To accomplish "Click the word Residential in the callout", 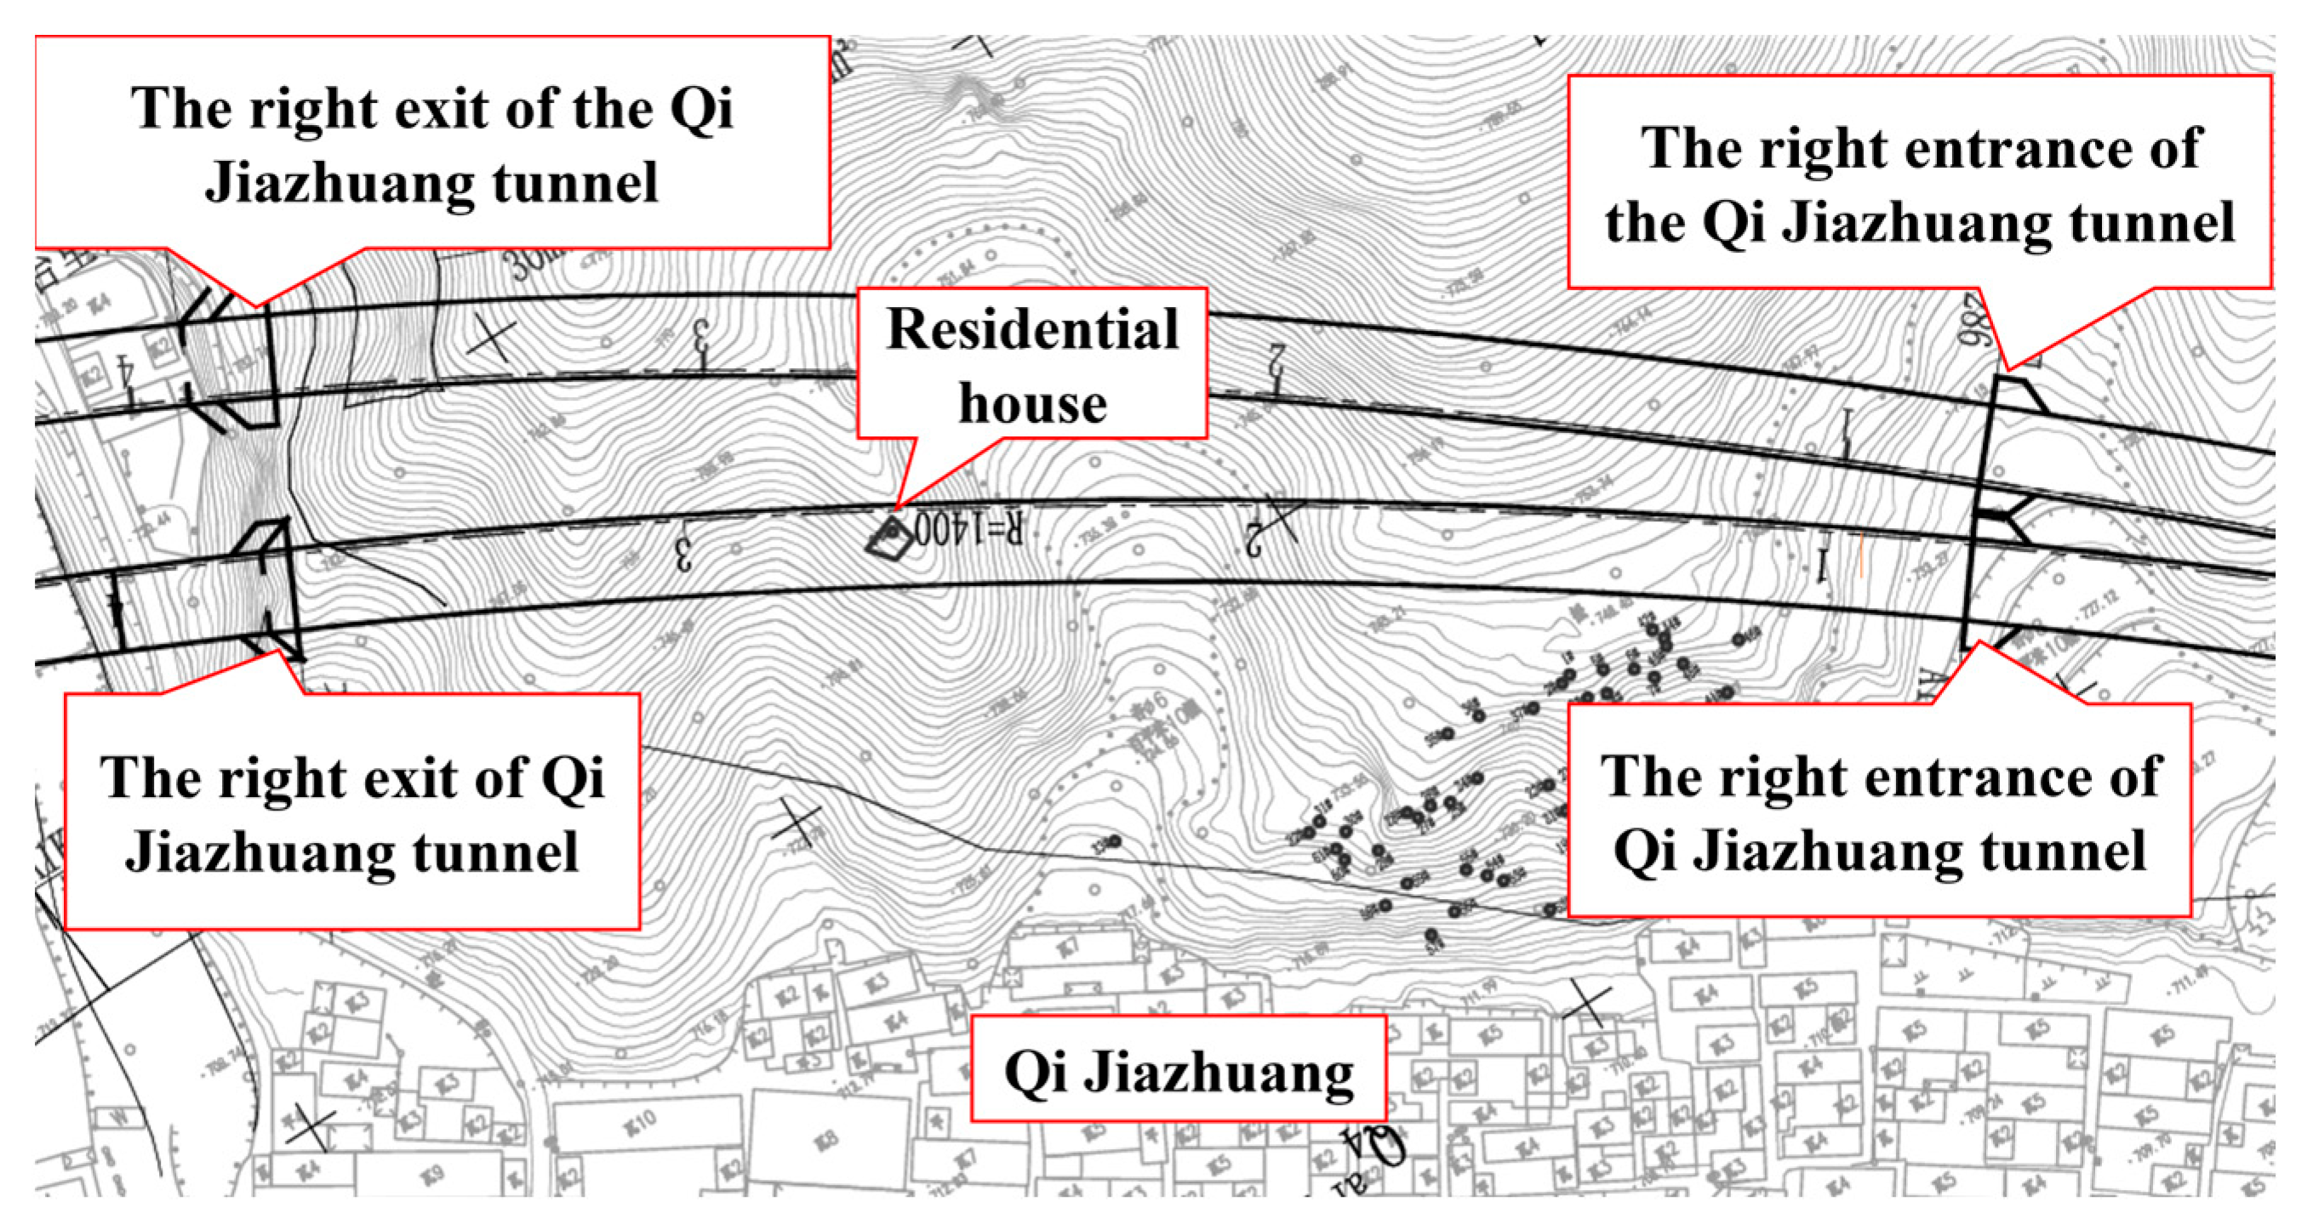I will [x=1032, y=329].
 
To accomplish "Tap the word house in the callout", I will [x=1032, y=404].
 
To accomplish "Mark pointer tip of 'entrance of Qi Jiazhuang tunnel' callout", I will [x=1978, y=644].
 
